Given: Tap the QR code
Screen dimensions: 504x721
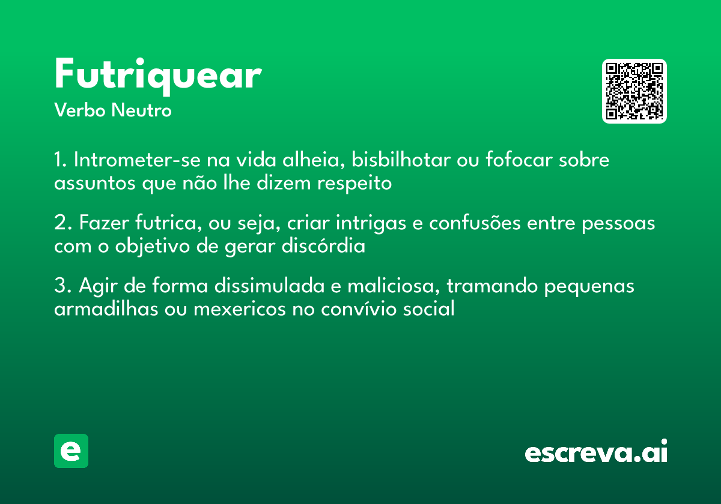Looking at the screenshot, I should click(634, 91).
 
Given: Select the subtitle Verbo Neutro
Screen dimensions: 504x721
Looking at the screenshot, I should click(113, 110).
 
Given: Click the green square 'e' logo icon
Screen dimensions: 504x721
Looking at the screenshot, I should click(71, 451).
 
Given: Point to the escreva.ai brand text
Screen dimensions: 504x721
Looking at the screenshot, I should click(596, 452).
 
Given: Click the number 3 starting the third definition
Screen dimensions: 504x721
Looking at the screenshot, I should click(59, 287).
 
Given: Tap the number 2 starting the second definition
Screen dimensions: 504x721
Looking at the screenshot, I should click(59, 224).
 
